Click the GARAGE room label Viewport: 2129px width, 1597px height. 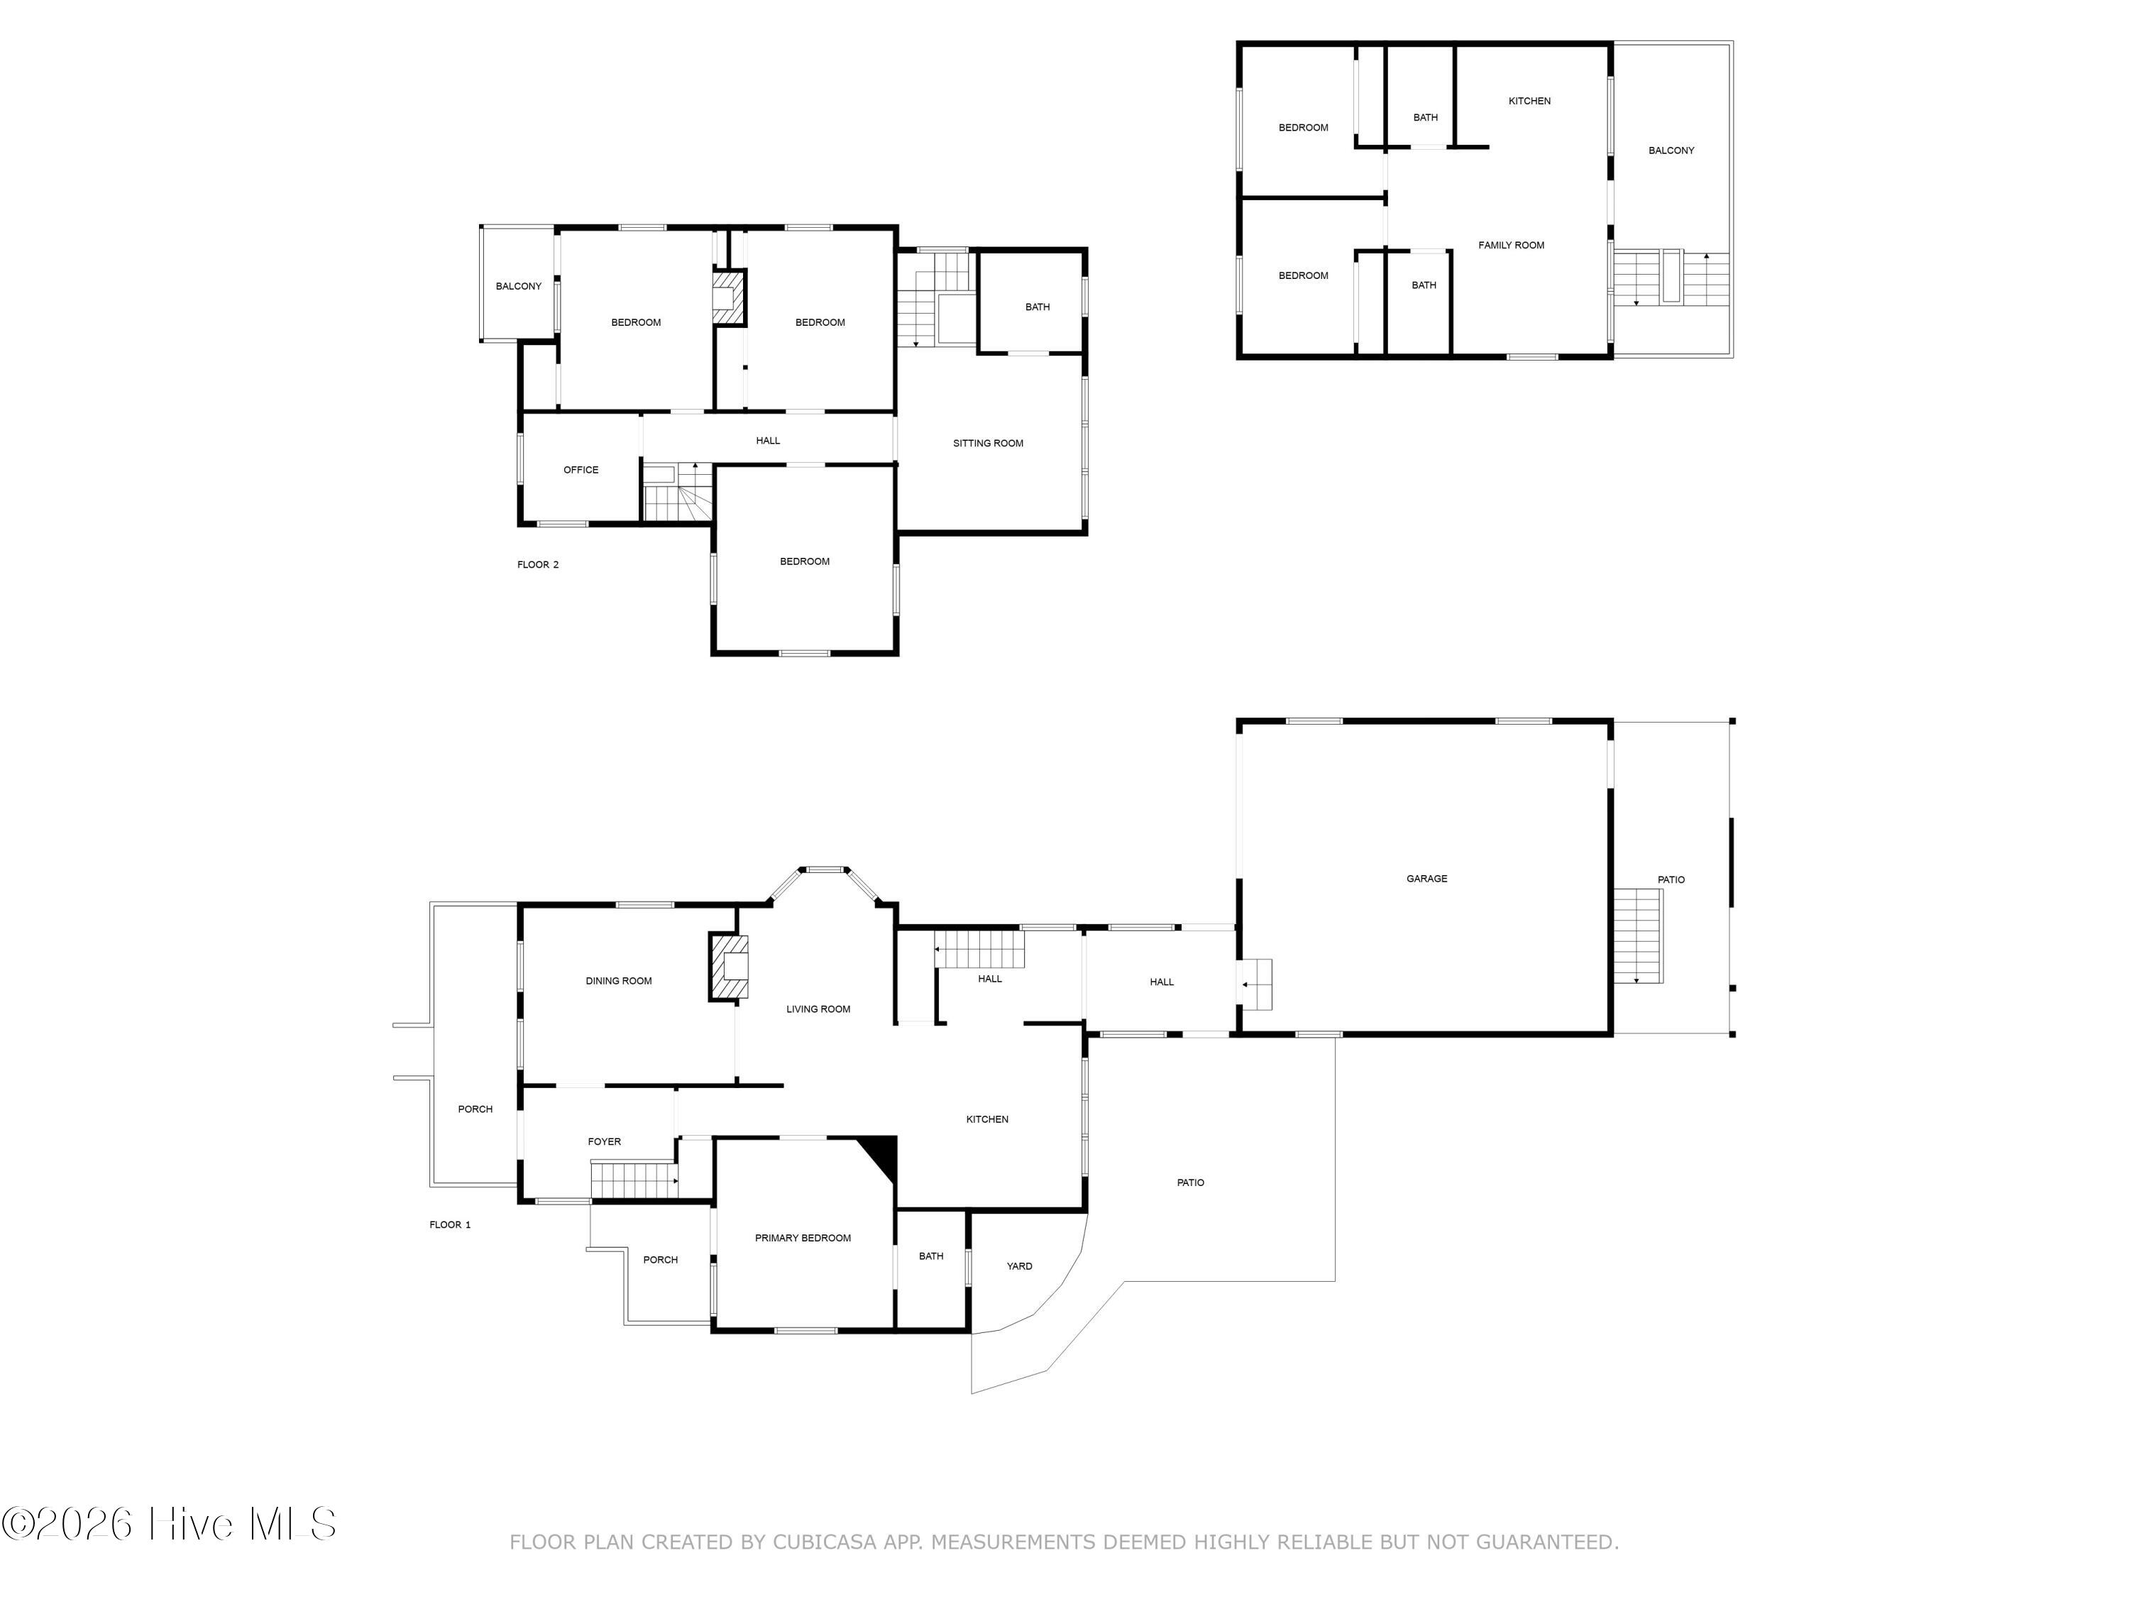click(x=1426, y=879)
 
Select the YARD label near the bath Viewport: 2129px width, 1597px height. click(x=1019, y=1266)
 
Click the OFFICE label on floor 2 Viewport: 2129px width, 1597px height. click(x=581, y=470)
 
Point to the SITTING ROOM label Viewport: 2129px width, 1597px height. click(x=988, y=444)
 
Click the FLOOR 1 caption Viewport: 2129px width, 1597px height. click(x=449, y=1224)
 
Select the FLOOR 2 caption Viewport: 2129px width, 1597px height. click(x=537, y=565)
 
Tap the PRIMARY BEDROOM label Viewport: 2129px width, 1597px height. click(x=803, y=1238)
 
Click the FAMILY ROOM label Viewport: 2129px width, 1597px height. click(x=1511, y=246)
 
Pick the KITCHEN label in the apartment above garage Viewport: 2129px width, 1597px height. click(x=1529, y=101)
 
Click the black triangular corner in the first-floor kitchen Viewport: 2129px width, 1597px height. click(x=881, y=1153)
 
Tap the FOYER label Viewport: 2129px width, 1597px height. click(x=605, y=1141)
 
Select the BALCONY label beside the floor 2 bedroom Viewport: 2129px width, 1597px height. click(x=518, y=287)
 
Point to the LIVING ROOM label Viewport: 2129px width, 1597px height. click(x=818, y=1009)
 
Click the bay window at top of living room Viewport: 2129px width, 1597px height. click(x=824, y=870)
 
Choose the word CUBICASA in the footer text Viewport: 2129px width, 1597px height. click(x=825, y=1542)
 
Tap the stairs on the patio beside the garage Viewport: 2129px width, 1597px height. click(x=1638, y=935)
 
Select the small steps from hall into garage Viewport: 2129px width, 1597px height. click(x=1255, y=984)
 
